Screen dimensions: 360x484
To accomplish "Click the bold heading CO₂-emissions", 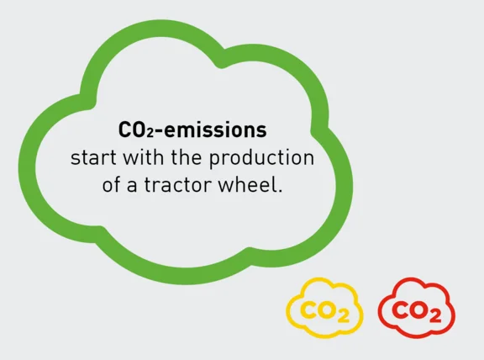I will [192, 131].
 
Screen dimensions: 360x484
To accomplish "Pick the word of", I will [111, 185].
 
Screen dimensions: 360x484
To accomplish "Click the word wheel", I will [249, 185].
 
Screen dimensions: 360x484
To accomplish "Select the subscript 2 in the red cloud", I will [434, 314].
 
